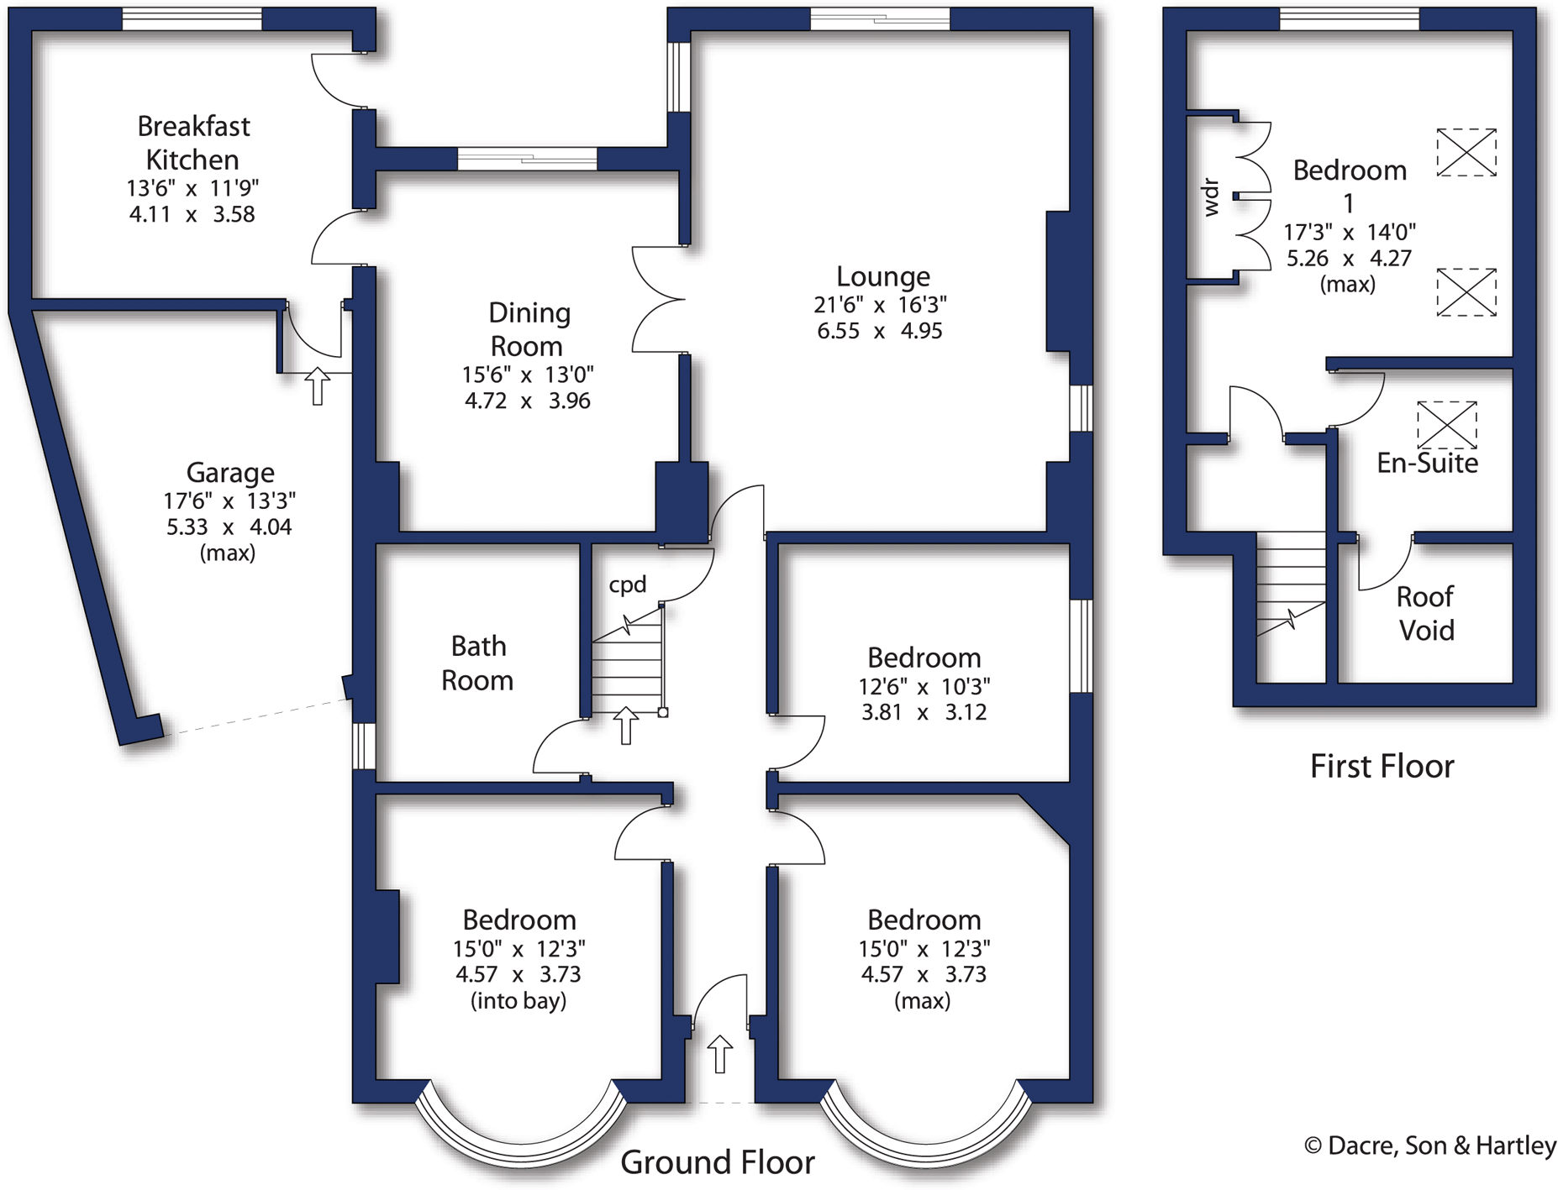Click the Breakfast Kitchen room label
click(x=193, y=143)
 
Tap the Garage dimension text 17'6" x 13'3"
click(x=229, y=501)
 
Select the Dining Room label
click(x=529, y=329)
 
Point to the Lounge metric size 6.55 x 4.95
click(x=879, y=331)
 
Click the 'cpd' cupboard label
click(x=628, y=585)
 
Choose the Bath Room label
click(x=477, y=663)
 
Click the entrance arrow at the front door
click(x=719, y=1053)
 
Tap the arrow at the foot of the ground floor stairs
click(x=625, y=725)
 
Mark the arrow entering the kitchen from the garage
click(x=317, y=385)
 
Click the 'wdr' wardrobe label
click(x=1211, y=197)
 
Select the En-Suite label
click(x=1427, y=463)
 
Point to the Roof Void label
click(x=1425, y=613)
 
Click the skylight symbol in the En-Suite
click(x=1446, y=424)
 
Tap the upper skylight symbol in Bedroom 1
click(x=1466, y=152)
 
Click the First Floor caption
click(x=1382, y=766)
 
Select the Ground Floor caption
click(x=717, y=1162)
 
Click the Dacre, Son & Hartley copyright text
click(x=1429, y=1145)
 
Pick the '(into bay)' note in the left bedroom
click(x=518, y=1000)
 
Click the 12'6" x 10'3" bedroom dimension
click(x=924, y=686)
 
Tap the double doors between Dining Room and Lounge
click(x=660, y=299)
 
